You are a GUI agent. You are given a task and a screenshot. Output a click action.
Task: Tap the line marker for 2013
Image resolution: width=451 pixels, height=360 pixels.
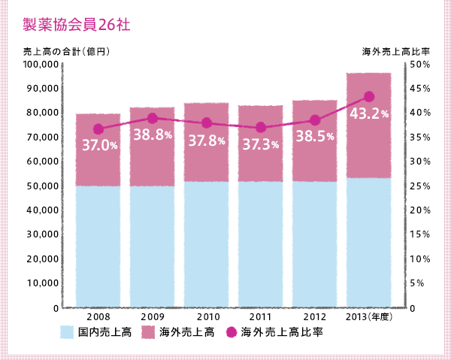(368, 96)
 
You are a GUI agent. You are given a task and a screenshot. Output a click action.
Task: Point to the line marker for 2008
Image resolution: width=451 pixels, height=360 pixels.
(98, 129)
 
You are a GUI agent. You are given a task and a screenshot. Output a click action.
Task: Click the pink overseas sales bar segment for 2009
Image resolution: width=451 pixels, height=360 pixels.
(152, 158)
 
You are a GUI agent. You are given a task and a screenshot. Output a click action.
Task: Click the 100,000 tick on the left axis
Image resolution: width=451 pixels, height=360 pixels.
(42, 65)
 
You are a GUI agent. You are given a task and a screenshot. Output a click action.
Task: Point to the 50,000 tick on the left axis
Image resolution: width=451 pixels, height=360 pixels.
(44, 186)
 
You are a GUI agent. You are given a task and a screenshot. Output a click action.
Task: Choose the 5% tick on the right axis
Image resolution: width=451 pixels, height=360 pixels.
(419, 284)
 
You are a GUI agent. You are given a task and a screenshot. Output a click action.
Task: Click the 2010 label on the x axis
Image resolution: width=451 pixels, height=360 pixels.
(206, 317)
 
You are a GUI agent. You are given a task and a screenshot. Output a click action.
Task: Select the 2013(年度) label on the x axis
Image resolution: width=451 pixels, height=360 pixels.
(369, 317)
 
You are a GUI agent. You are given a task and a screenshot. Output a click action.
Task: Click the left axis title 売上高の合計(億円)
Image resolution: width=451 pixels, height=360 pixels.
(67, 52)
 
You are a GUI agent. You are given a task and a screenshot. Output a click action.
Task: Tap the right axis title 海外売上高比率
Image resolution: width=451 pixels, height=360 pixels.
(395, 52)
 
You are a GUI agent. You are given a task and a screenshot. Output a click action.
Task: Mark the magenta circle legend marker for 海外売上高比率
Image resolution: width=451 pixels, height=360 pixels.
(232, 332)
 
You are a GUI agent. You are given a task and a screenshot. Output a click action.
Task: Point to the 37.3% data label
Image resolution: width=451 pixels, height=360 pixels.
(260, 144)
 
